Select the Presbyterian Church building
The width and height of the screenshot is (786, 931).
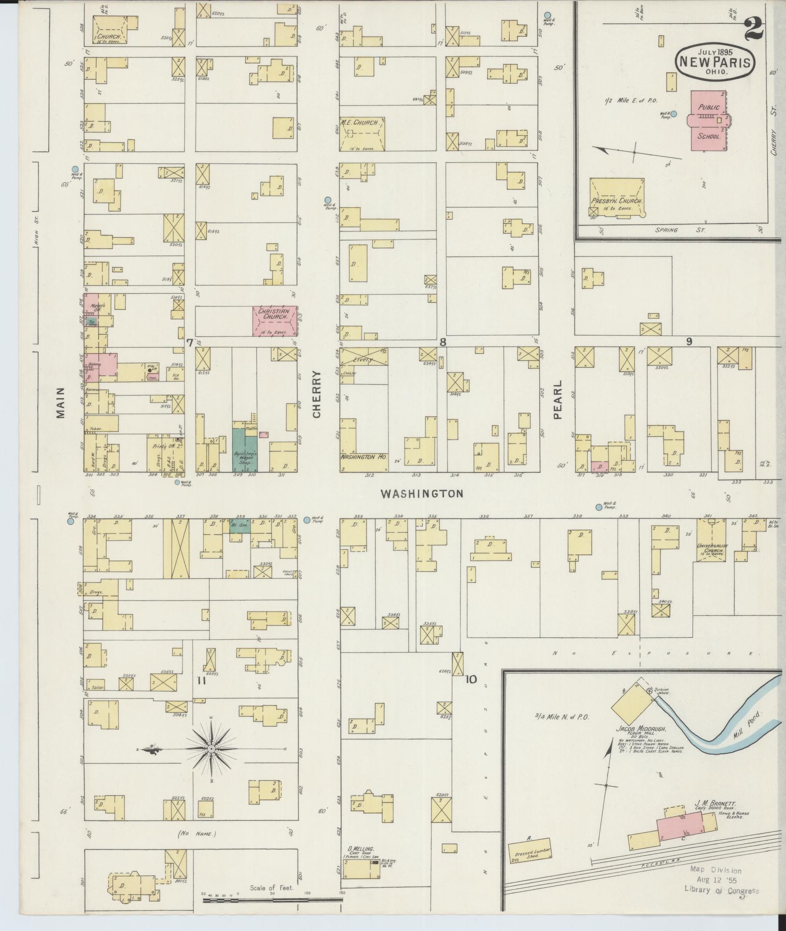coord(617,198)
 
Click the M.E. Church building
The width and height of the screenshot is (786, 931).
coord(361,134)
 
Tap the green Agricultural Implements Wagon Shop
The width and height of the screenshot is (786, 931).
coord(245,449)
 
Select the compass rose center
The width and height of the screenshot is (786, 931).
coord(211,762)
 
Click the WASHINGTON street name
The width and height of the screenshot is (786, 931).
coord(421,493)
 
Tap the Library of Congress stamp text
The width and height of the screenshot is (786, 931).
coord(721,891)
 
